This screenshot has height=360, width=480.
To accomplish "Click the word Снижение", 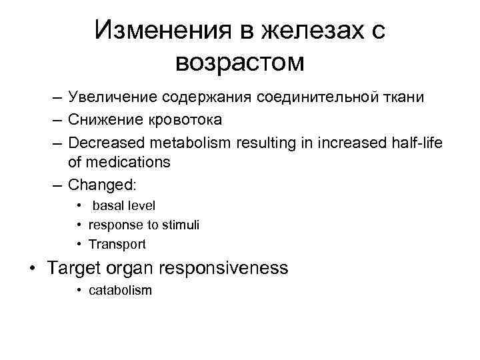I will [107, 120].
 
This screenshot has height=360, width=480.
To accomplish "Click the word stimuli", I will [181, 225].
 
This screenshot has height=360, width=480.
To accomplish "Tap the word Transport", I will [117, 244].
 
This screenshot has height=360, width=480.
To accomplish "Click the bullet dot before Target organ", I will [32, 269].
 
